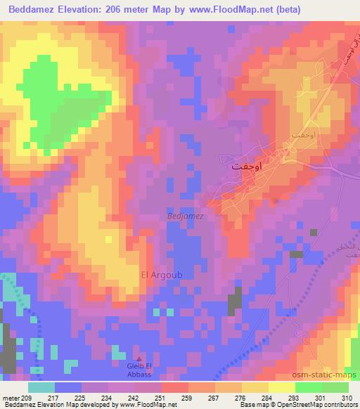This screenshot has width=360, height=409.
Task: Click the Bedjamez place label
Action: click(x=186, y=216)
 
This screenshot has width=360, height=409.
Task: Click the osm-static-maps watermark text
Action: click(x=328, y=375)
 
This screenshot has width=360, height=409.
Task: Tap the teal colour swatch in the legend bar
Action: click(x=41, y=387)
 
